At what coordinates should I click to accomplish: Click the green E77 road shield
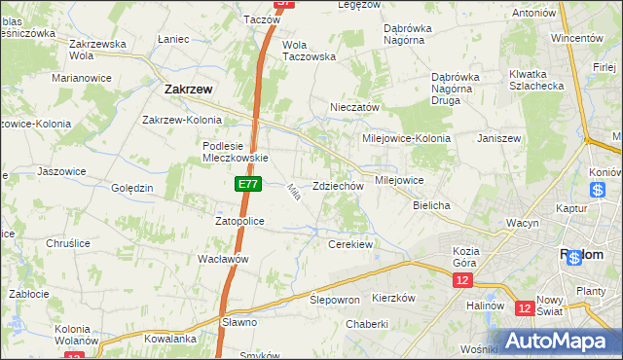click(x=247, y=182)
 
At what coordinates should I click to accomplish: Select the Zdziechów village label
click(x=338, y=186)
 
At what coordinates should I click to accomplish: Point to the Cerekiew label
click(x=351, y=244)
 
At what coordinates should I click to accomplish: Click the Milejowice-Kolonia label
click(x=406, y=138)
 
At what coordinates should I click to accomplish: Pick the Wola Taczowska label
click(x=309, y=51)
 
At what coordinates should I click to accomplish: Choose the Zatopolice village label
click(x=239, y=221)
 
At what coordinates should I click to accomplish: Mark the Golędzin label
click(x=132, y=188)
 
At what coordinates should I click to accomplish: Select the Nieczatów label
click(x=354, y=107)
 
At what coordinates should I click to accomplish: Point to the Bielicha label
click(x=431, y=206)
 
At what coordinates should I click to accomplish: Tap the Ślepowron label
click(x=335, y=300)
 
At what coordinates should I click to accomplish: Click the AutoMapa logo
click(x=560, y=342)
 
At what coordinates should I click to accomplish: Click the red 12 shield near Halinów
click(x=525, y=308)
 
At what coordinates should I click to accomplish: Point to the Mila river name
click(x=292, y=193)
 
